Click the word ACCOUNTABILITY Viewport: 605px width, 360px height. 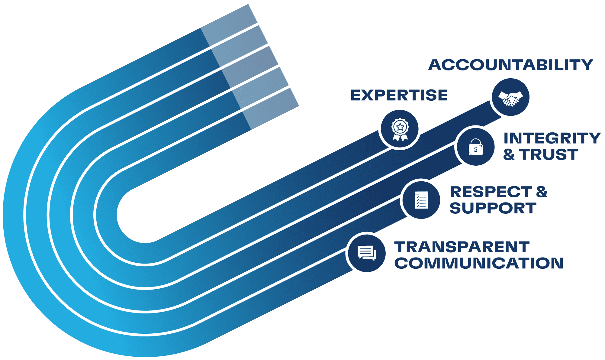tap(510, 65)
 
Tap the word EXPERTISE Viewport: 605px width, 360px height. tap(399, 95)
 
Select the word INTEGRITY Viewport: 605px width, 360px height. tap(552, 138)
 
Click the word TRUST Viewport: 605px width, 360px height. tap(549, 154)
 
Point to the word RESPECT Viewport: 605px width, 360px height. tap(491, 192)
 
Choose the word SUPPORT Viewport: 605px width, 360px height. tap(493, 208)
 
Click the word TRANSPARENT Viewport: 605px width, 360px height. tap(462, 247)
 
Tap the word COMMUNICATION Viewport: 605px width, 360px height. tap(479, 263)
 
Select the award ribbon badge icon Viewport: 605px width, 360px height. tap(400, 129)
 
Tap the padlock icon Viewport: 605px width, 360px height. tap(476, 147)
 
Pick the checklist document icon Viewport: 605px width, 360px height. tap(421, 200)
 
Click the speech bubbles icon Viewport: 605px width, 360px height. tap(367, 253)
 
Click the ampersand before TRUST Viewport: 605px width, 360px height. tap(509, 154)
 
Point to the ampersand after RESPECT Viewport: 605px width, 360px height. tap(542, 192)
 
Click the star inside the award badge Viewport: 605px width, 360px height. tap(400, 127)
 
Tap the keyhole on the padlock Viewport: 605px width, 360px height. tap(476, 149)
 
